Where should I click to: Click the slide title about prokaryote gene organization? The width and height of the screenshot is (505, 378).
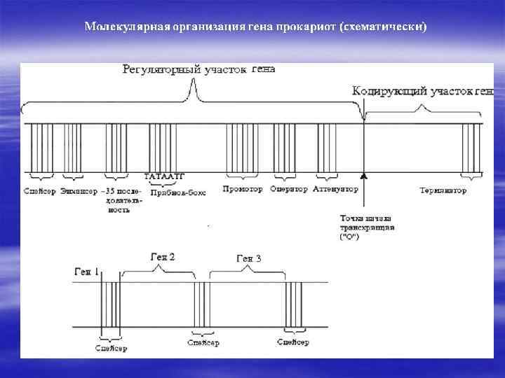(x=255, y=27)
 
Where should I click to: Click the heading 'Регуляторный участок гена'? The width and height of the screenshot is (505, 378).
(x=198, y=69)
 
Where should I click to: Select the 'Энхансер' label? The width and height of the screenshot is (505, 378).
(x=79, y=190)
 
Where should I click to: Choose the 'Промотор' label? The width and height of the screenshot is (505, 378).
(x=243, y=190)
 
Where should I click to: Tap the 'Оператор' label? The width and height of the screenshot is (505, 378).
(x=288, y=190)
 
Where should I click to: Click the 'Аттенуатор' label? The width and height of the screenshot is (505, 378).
(x=335, y=190)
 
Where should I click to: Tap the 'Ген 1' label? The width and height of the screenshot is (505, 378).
(x=86, y=271)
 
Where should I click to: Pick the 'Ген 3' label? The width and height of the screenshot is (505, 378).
(x=249, y=259)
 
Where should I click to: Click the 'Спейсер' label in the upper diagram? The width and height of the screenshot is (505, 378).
(x=39, y=190)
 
